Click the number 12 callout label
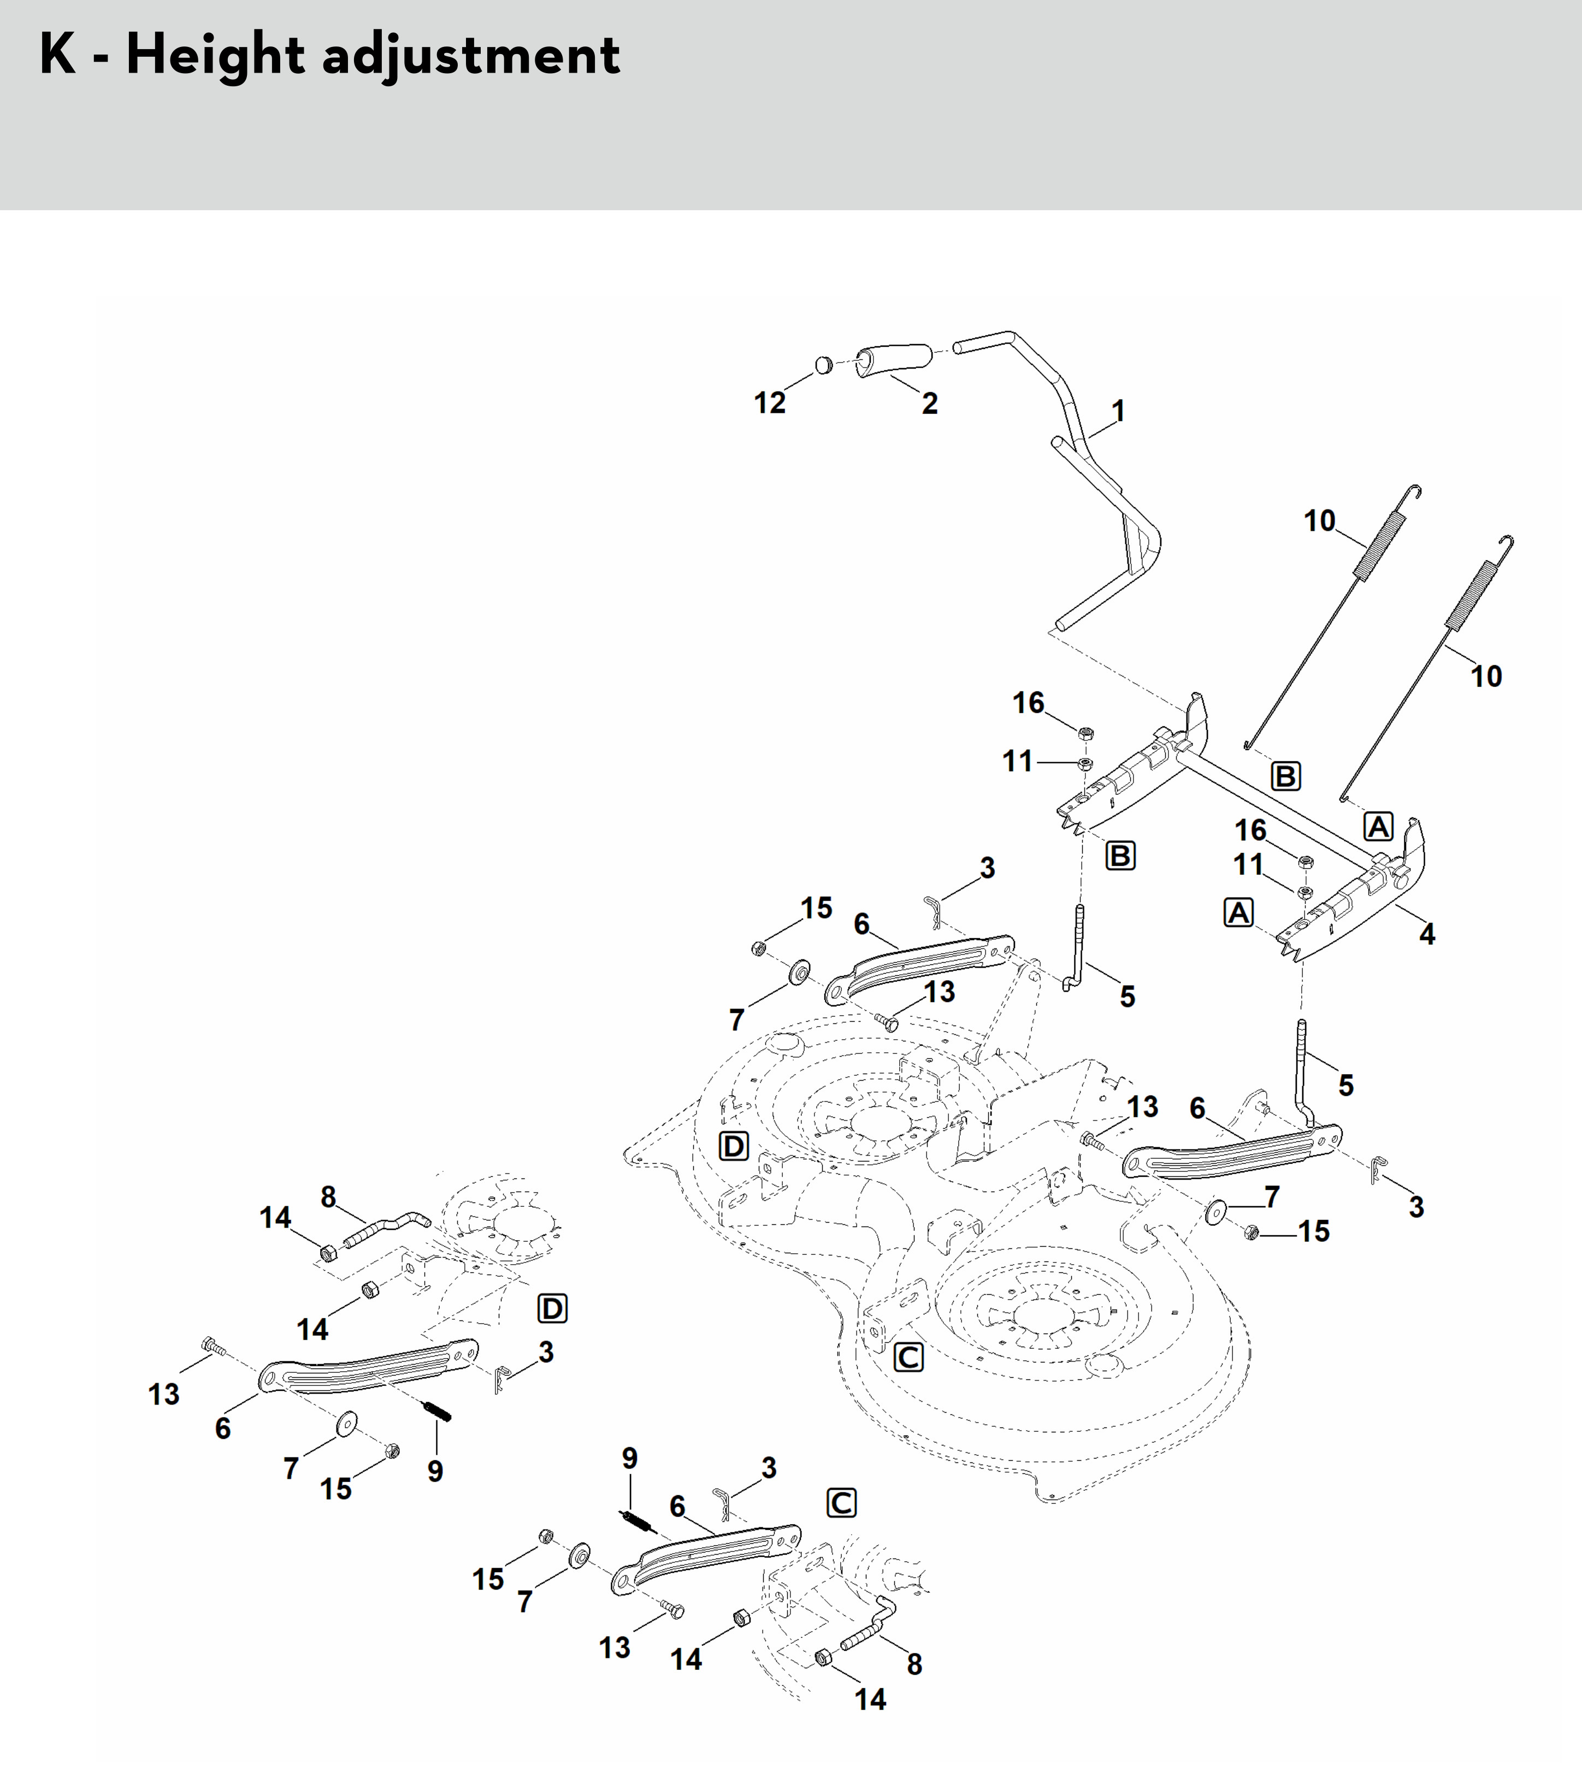click(769, 403)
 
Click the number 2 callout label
click(929, 404)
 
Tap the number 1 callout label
click(1118, 411)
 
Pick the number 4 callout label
click(1427, 934)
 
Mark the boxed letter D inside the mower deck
click(734, 1146)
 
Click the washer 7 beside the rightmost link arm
click(1215, 1210)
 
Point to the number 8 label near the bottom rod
click(914, 1664)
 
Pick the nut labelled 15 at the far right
click(1252, 1232)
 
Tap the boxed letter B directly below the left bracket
click(1120, 856)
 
